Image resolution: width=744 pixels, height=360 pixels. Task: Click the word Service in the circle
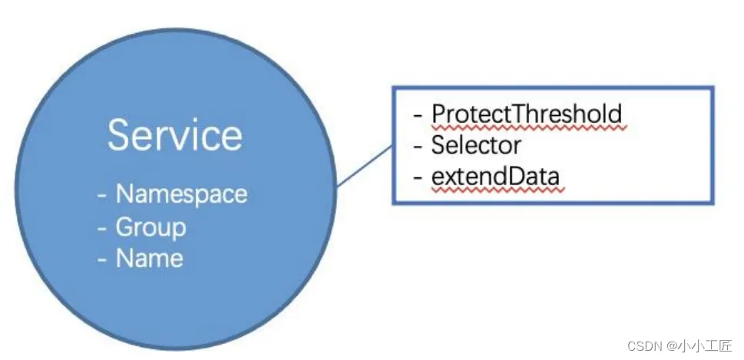point(175,134)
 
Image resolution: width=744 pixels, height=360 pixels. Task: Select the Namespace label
point(182,194)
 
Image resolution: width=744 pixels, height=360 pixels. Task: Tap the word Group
point(151,228)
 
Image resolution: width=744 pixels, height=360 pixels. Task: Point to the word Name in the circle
point(150,259)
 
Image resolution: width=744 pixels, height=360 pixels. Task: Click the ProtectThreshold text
point(527,114)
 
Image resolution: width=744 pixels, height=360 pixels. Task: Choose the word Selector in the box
point(476,145)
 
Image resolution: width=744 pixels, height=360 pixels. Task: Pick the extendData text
point(495,176)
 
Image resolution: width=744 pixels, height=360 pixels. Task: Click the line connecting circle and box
point(365,166)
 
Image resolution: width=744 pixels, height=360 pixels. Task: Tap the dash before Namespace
point(102,196)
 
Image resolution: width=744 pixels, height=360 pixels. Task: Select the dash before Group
point(102,228)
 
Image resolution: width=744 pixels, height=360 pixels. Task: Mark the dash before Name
point(102,259)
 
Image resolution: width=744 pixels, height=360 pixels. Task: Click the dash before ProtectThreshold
point(418,115)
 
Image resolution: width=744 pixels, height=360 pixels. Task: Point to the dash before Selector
point(418,147)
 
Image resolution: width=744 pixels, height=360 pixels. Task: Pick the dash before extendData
point(418,177)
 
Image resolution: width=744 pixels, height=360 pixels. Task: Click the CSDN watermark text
point(645,345)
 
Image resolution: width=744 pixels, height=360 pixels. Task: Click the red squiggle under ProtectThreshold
point(530,127)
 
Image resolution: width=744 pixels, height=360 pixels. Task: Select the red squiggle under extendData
point(498,190)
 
